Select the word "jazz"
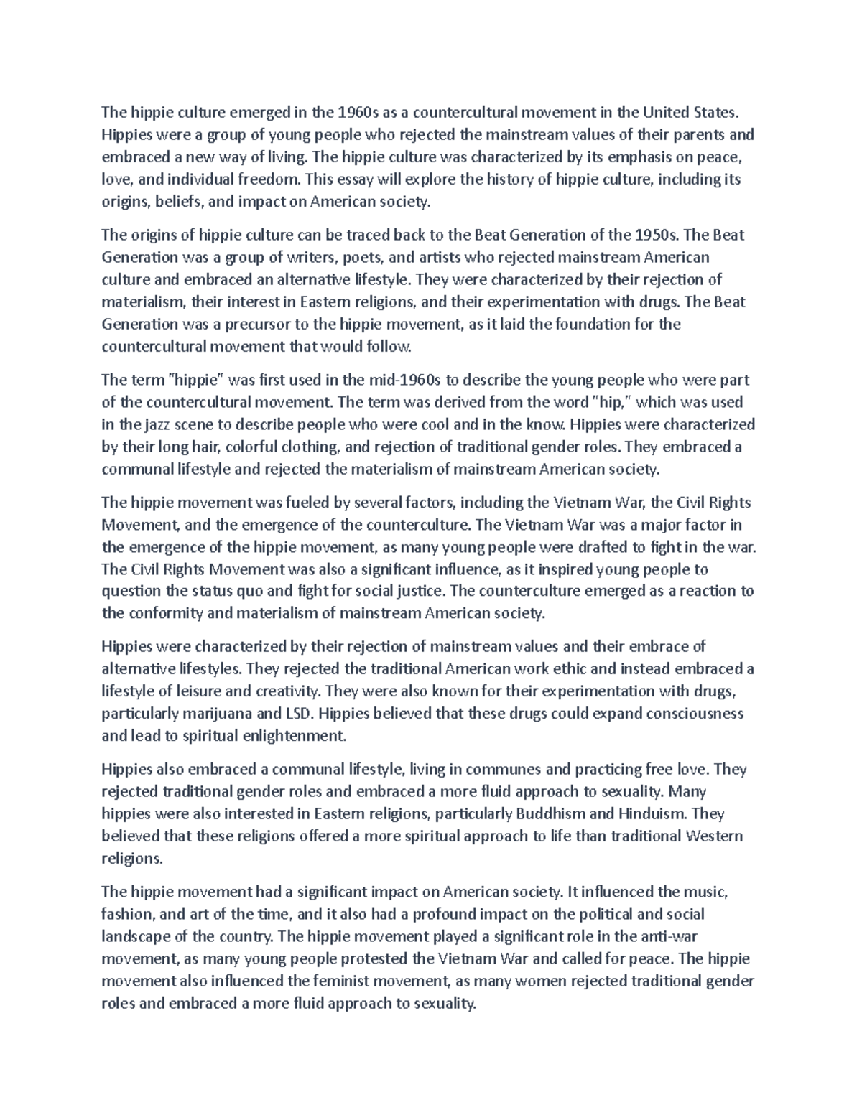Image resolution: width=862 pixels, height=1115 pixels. (x=161, y=424)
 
